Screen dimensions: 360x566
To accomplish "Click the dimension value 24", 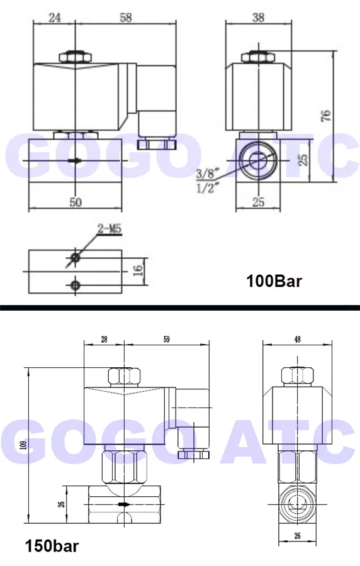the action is point(55,17).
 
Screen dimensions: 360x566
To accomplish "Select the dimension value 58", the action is point(126,17).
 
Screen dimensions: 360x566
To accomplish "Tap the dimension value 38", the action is point(258,17).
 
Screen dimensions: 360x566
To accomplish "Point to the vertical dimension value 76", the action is point(325,115).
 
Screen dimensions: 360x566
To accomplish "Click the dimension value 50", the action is point(76,202).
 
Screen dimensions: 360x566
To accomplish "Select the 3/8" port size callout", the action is point(205,175).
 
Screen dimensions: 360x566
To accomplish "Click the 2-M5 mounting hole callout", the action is point(110,229).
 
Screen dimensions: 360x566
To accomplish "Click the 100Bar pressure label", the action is point(274,281).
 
